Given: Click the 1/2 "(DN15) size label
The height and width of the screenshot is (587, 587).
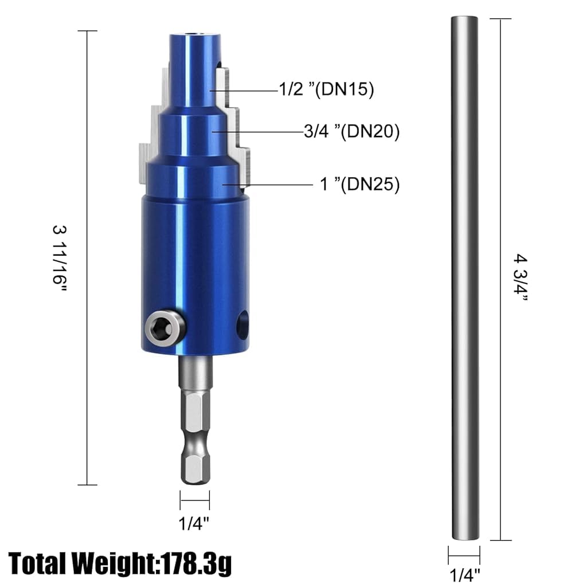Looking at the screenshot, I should [x=326, y=89].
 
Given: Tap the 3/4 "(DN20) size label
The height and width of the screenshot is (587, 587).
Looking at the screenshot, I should [x=351, y=132].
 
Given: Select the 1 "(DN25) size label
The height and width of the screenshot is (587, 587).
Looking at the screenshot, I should [x=359, y=185].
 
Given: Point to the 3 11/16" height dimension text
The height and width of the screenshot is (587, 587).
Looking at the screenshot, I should [x=60, y=258].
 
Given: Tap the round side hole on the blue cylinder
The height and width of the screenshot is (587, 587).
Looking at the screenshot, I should [x=242, y=325].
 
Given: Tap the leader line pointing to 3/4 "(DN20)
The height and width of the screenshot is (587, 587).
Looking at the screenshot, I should [x=258, y=132].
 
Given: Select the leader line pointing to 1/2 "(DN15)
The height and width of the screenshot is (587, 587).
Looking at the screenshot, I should [x=244, y=90].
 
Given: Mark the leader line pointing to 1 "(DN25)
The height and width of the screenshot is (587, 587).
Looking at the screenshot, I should [x=269, y=185].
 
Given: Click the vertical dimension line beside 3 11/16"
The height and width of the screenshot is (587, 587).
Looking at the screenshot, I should [x=87, y=258].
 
